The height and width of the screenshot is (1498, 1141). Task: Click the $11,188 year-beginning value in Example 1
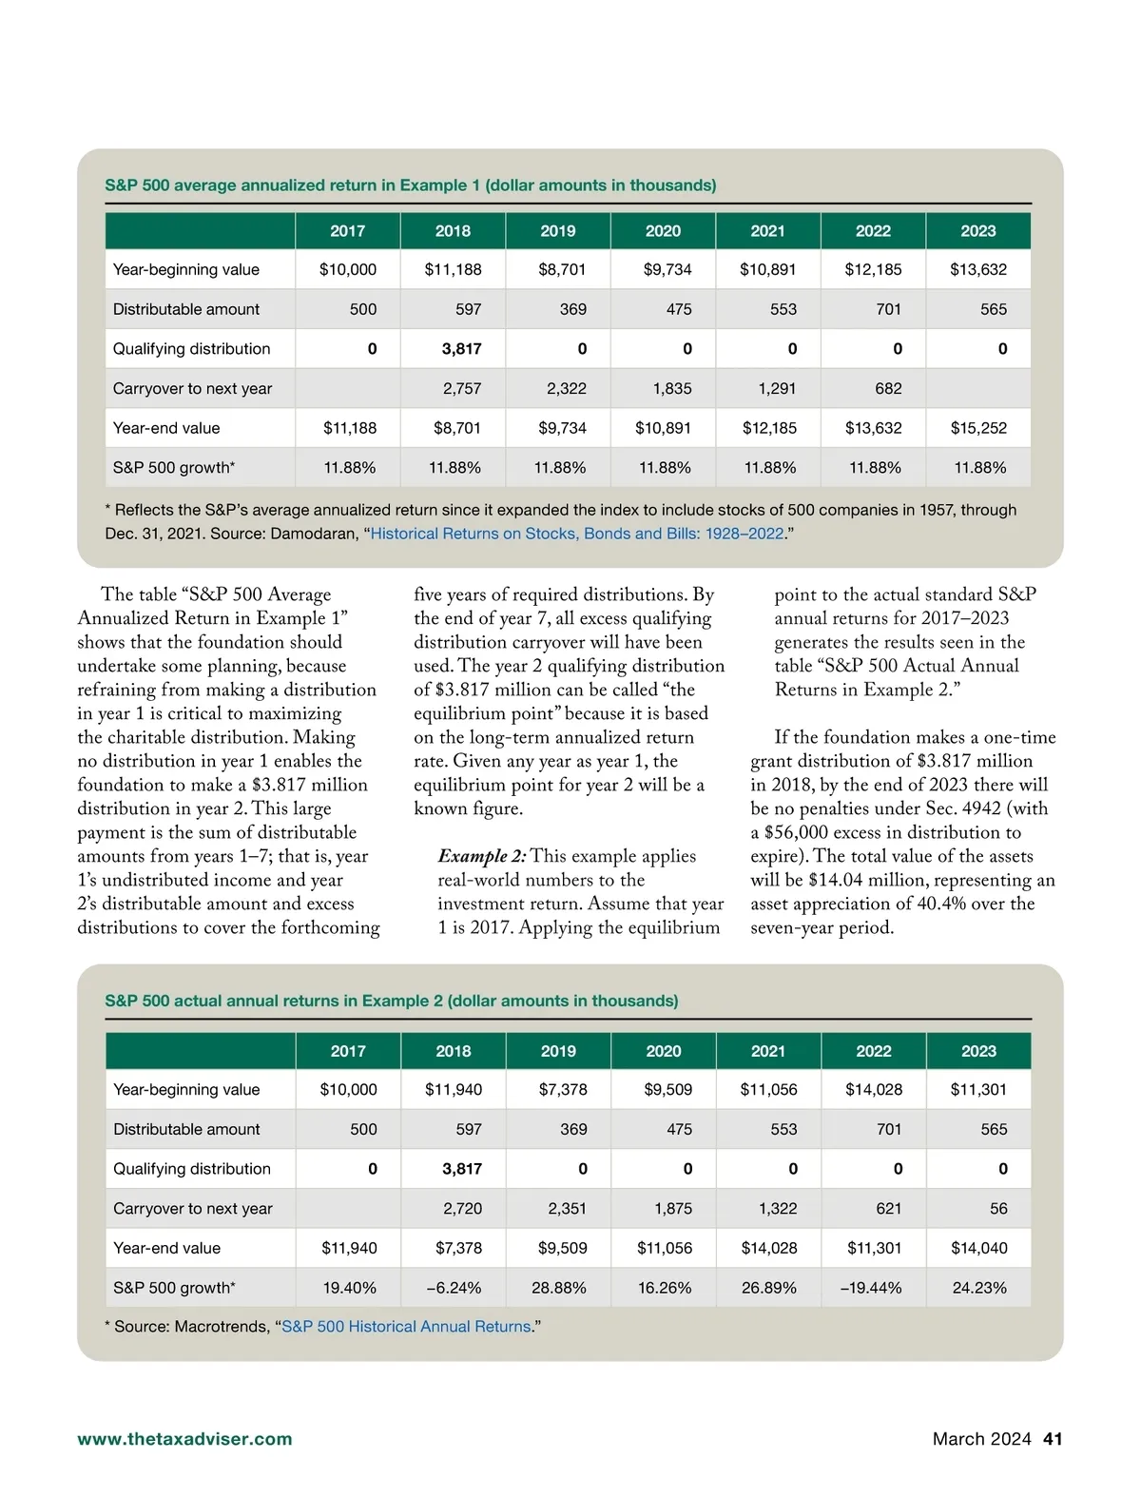[453, 269]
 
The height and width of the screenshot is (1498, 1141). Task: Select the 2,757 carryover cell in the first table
[461, 388]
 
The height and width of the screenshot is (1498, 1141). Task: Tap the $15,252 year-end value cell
[977, 428]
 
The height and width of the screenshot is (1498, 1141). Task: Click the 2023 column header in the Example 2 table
[978, 1051]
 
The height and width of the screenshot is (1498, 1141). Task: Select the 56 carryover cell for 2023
[997, 1208]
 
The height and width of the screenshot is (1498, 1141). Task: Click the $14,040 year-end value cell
[978, 1248]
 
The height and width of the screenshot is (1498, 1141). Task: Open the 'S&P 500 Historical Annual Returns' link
[406, 1327]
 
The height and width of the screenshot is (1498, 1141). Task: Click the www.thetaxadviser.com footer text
[184, 1439]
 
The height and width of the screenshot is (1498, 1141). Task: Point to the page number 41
[1053, 1439]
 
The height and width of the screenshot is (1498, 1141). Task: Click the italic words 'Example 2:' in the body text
[481, 856]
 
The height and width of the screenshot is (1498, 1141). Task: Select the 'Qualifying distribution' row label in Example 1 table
[191, 349]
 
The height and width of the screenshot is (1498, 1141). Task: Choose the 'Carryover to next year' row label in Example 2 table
[192, 1208]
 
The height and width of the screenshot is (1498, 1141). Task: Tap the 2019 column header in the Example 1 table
[558, 231]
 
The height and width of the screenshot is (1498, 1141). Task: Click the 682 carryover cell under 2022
[887, 388]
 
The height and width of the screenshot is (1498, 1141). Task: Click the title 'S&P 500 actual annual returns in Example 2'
[391, 1001]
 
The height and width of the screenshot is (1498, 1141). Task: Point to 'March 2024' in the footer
[981, 1439]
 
